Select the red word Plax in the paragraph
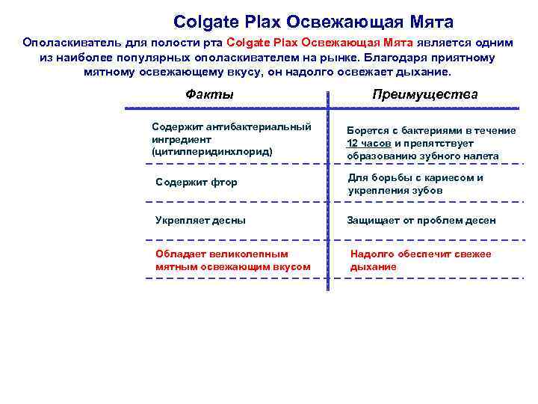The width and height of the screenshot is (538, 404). coord(280,43)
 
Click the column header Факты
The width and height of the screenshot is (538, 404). coord(209,94)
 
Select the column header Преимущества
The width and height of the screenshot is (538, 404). coord(424,94)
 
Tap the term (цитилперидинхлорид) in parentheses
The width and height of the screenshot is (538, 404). coord(212,151)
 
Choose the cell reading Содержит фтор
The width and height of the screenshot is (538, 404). coord(196,182)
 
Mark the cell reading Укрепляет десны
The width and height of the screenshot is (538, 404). coord(200,220)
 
